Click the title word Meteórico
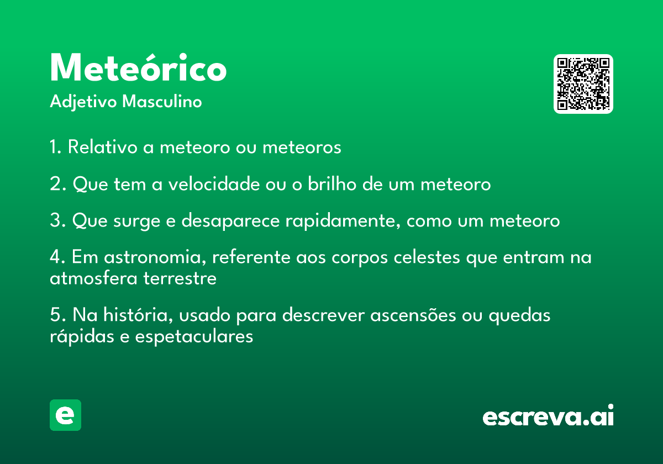tap(138, 68)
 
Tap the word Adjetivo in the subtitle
tap(83, 102)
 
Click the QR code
tap(583, 84)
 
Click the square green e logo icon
tap(65, 415)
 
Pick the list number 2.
tap(55, 184)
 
